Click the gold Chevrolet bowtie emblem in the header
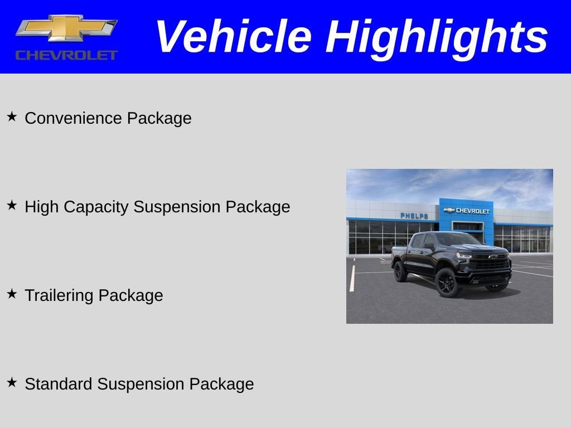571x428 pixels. pyautogui.click(x=66, y=28)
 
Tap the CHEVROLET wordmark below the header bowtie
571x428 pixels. pyautogui.click(x=66, y=55)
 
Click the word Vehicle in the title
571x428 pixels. pyautogui.click(x=233, y=37)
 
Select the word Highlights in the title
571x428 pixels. pyautogui.click(x=437, y=37)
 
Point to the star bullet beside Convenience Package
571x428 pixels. pyautogui.click(x=12, y=117)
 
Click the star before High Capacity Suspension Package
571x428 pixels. pyautogui.click(x=12, y=206)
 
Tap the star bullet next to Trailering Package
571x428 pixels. pyautogui.click(x=12, y=294)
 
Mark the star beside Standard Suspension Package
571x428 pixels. pyautogui.click(x=12, y=383)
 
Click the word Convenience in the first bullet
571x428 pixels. pyautogui.click(x=74, y=118)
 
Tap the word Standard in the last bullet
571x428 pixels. pyautogui.click(x=59, y=384)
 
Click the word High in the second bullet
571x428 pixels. pyautogui.click(x=41, y=207)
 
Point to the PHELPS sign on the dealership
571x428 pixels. pyautogui.click(x=414, y=216)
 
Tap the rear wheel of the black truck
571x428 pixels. pyautogui.click(x=400, y=272)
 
